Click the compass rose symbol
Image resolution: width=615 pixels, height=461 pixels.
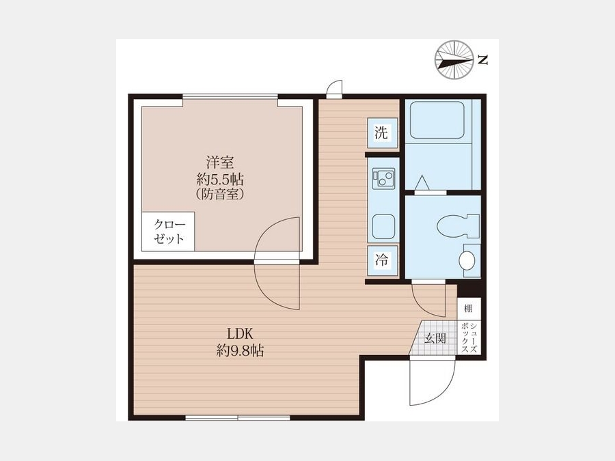(454, 60)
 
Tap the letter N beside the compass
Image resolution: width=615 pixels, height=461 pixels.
(483, 60)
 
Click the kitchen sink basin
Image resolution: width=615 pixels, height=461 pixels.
(383, 227)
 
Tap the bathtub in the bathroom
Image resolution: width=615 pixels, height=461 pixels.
(437, 120)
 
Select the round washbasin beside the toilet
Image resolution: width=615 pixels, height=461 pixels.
(467, 260)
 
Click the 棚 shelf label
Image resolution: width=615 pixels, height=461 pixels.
(468, 308)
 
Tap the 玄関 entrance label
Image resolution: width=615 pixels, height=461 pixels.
(436, 338)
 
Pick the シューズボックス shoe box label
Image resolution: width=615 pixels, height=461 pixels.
(469, 338)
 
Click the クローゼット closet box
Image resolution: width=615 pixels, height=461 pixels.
(168, 232)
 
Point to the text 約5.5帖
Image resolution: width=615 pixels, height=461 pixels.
(220, 179)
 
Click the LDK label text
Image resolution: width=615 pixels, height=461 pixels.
(240, 334)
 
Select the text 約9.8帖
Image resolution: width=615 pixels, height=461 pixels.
(240, 350)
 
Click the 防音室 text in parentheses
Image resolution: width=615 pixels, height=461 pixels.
(220, 195)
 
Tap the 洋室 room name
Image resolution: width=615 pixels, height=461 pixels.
(220, 163)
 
